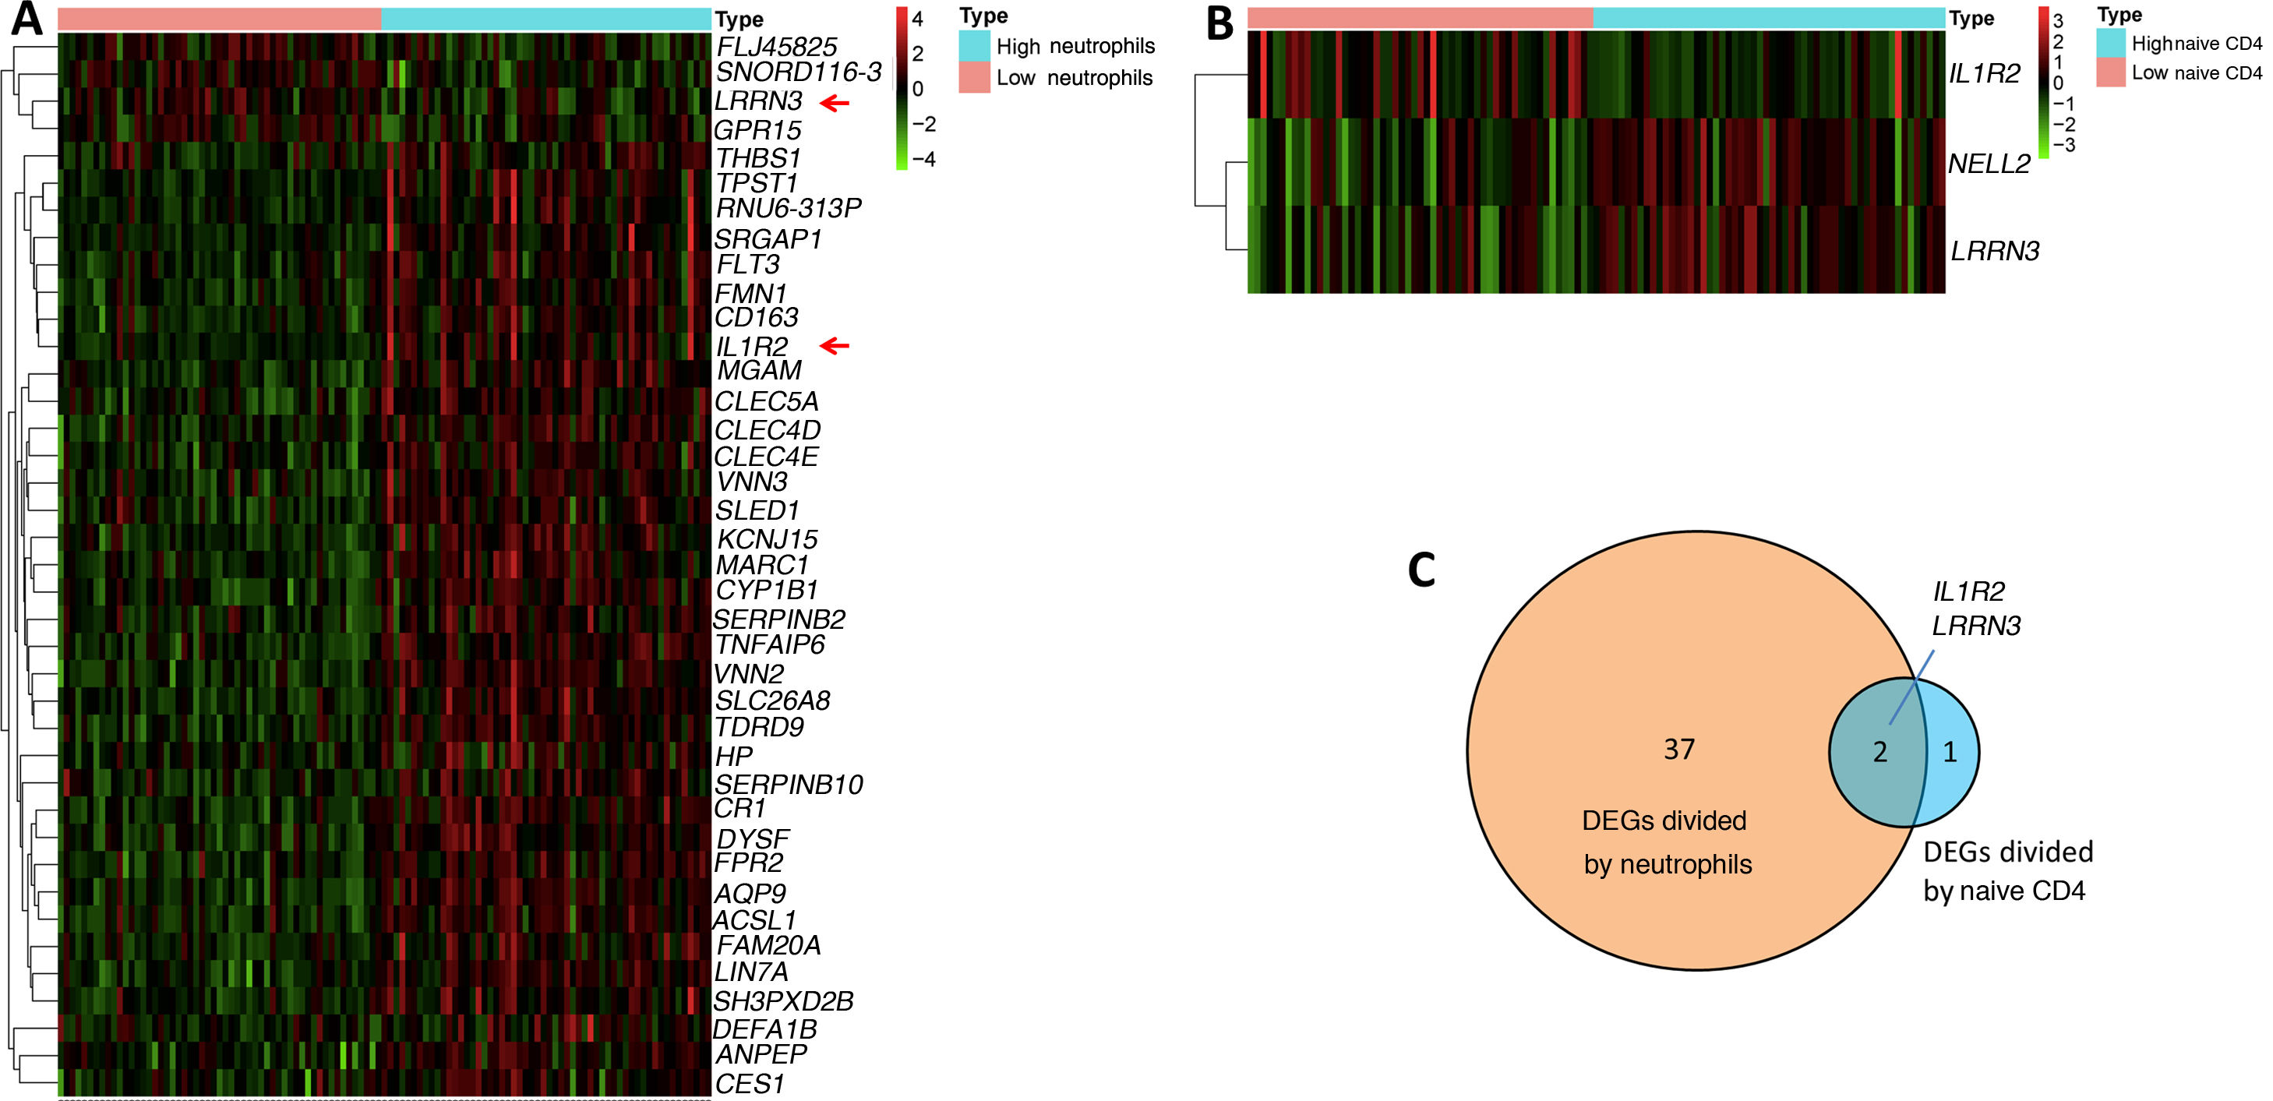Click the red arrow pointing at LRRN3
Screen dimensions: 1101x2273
tap(834, 103)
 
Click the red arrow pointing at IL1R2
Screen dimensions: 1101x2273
tap(834, 346)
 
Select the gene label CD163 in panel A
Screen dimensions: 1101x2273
tap(756, 318)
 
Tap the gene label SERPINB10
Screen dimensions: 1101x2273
tap(788, 785)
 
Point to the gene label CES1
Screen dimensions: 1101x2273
tap(749, 1083)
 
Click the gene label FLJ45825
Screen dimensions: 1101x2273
tap(775, 47)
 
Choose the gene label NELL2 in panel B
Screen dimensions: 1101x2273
tap(1989, 163)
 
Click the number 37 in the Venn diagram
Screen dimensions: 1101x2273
tap(1679, 749)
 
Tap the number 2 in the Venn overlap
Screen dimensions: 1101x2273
tap(1879, 752)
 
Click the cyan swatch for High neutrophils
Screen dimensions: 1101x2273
tap(974, 46)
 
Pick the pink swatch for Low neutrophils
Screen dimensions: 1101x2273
tap(974, 78)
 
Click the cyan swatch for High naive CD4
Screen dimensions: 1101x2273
tap(2111, 42)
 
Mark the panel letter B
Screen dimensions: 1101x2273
tap(1219, 24)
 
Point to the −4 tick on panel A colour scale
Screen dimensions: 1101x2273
tap(923, 160)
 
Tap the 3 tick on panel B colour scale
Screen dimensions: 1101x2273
tap(2058, 20)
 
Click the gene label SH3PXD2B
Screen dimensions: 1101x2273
tap(782, 1001)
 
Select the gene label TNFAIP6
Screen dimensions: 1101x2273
tap(769, 645)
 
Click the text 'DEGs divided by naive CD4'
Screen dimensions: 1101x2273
tap(2007, 870)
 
